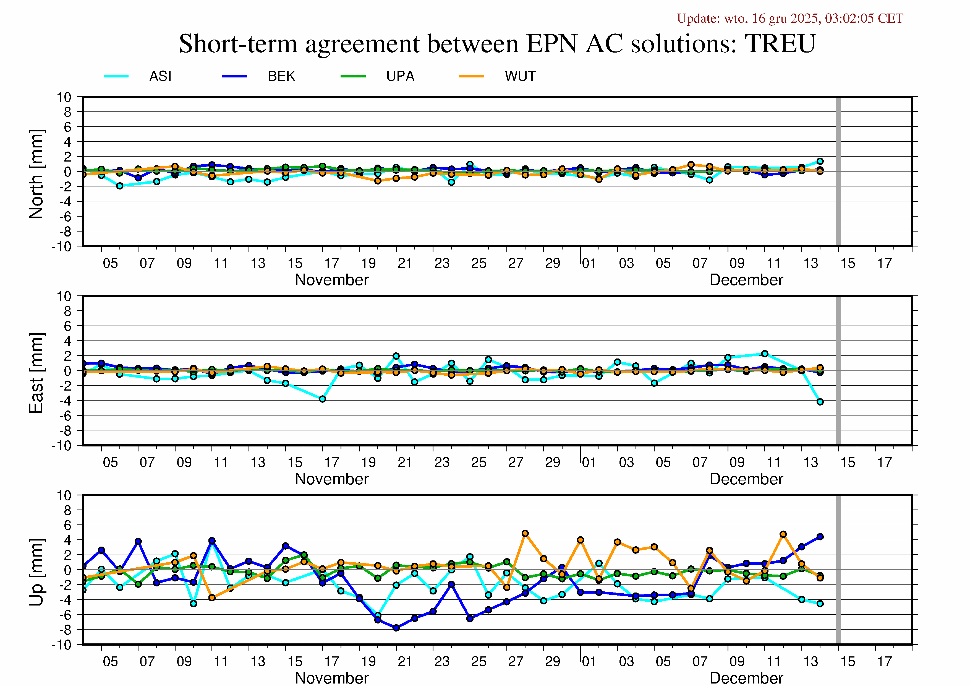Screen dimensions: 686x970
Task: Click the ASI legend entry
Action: pos(160,76)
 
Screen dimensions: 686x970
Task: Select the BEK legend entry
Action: pos(281,76)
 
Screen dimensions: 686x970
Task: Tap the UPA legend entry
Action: pos(400,76)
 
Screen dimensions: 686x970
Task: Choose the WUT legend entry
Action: pos(520,76)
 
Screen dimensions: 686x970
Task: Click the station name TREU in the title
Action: pos(780,43)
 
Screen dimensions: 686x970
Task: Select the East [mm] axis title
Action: pos(36,373)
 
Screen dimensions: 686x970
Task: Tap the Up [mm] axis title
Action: pos(36,572)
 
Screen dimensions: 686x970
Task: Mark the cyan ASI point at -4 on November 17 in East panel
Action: pos(322,399)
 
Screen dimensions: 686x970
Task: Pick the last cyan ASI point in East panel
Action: pos(820,402)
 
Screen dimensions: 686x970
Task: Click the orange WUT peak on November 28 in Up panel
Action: pos(525,533)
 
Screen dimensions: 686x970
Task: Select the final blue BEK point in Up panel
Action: pos(820,537)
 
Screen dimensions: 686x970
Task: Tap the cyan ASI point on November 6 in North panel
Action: pos(120,186)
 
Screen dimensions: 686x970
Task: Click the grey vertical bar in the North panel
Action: pos(838,171)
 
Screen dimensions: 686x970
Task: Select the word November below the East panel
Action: pos(332,479)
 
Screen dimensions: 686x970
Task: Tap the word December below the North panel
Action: pos(746,280)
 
